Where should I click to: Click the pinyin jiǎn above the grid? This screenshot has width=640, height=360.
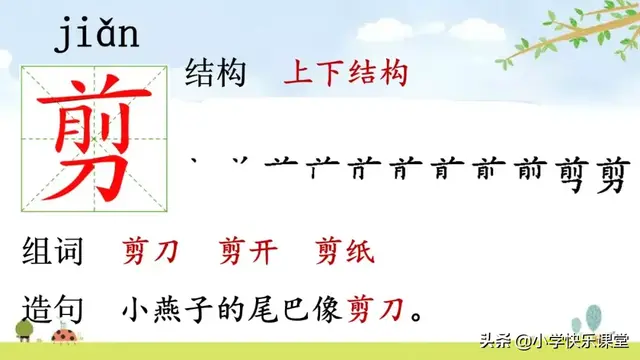(97, 36)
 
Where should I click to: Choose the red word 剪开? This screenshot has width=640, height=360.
(247, 252)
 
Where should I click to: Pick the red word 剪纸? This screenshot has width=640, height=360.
(344, 252)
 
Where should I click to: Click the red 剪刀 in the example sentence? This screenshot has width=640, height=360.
(378, 310)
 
